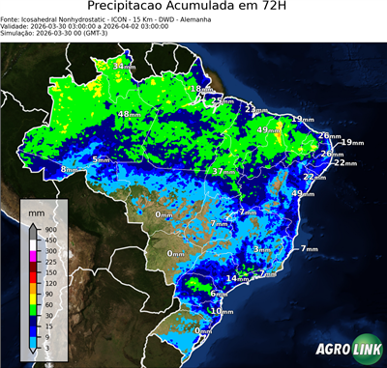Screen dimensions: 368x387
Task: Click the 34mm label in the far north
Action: (124, 66)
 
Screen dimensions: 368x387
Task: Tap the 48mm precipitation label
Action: (129, 114)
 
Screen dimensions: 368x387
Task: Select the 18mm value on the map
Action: (199, 89)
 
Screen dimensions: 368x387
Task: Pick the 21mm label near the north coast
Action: (254, 108)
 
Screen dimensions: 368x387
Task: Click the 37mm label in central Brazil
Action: (223, 171)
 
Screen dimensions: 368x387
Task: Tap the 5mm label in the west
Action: (101, 159)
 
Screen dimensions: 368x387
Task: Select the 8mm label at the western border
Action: (70, 170)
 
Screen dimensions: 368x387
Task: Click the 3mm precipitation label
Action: (262, 249)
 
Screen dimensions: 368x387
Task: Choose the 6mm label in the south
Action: (219, 293)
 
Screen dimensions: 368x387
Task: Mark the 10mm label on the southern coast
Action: (222, 311)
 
